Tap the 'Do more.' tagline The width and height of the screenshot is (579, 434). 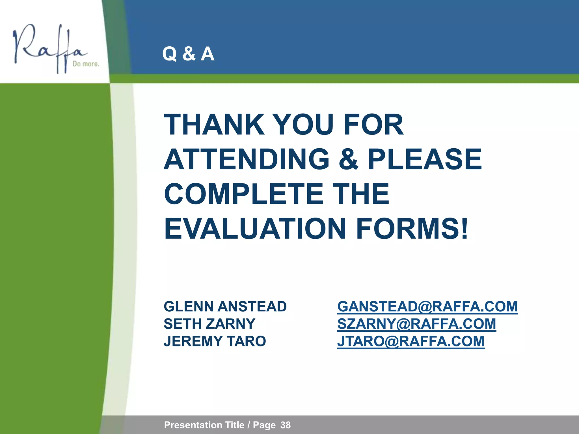click(x=86, y=64)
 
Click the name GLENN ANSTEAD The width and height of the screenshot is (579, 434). click(x=225, y=307)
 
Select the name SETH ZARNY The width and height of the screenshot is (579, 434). click(x=209, y=324)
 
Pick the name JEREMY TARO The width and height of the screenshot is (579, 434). click(x=215, y=341)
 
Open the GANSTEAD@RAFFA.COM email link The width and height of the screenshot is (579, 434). click(x=427, y=307)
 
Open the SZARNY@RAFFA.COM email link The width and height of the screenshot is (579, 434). click(x=416, y=324)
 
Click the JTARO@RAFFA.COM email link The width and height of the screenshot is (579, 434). click(x=411, y=341)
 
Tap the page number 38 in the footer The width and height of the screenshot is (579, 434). click(x=286, y=425)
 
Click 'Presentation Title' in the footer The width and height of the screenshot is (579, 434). click(x=204, y=425)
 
